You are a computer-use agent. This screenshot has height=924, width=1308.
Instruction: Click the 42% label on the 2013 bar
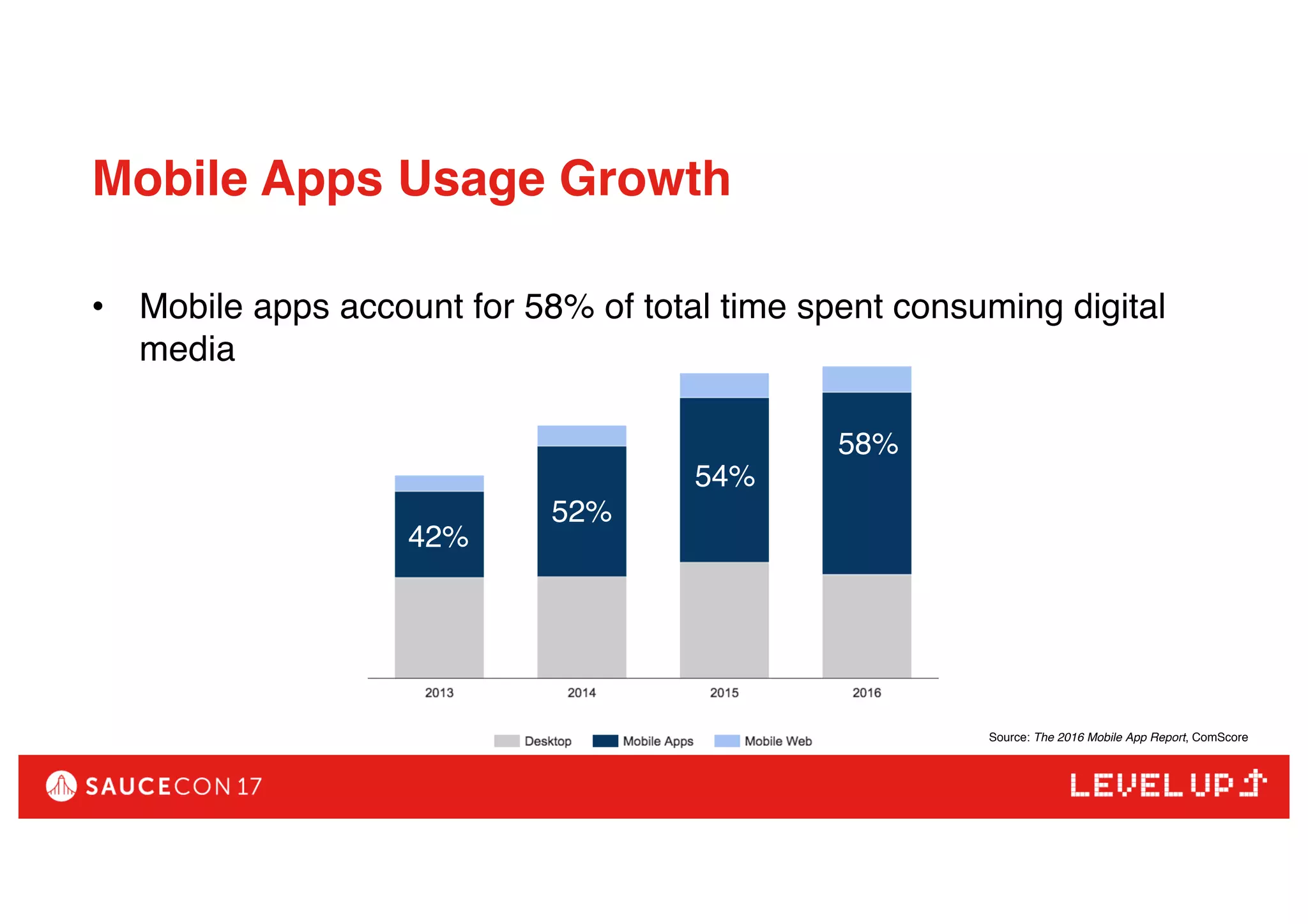[438, 536]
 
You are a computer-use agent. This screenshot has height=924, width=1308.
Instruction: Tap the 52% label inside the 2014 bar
[581, 512]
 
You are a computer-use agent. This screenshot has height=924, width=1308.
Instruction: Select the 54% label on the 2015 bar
[724, 476]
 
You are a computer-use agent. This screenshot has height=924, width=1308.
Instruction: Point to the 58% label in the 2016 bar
[867, 444]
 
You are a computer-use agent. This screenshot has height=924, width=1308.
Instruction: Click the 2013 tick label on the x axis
[439, 693]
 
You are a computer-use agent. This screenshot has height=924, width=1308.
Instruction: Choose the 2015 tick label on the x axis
[724, 693]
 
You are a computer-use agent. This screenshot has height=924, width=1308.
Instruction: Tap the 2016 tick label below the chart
[867, 693]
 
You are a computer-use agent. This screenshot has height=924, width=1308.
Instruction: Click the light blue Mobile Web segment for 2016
[867, 379]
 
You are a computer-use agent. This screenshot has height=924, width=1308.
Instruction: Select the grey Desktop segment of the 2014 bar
[581, 627]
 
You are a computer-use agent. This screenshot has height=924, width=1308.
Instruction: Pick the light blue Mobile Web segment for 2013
[439, 483]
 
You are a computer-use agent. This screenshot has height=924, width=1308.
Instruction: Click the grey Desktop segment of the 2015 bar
[724, 619]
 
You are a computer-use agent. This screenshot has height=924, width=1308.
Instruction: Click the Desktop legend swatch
[506, 741]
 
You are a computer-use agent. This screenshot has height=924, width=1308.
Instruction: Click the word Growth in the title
[644, 179]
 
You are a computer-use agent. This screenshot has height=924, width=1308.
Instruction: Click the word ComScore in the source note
[1219, 737]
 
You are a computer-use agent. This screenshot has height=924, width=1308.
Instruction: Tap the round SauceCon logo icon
[61, 786]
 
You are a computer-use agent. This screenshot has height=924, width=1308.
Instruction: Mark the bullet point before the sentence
[98, 307]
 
